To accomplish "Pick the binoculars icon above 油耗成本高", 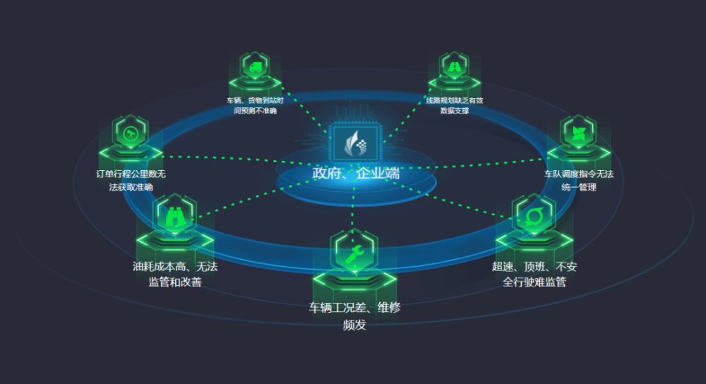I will (174, 216).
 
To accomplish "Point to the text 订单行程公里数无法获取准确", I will (131, 180).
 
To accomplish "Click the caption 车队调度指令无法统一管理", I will (578, 180).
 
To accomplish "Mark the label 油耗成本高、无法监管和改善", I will (174, 275).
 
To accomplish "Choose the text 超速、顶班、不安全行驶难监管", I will (534, 275).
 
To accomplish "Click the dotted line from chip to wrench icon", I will (353, 205).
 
